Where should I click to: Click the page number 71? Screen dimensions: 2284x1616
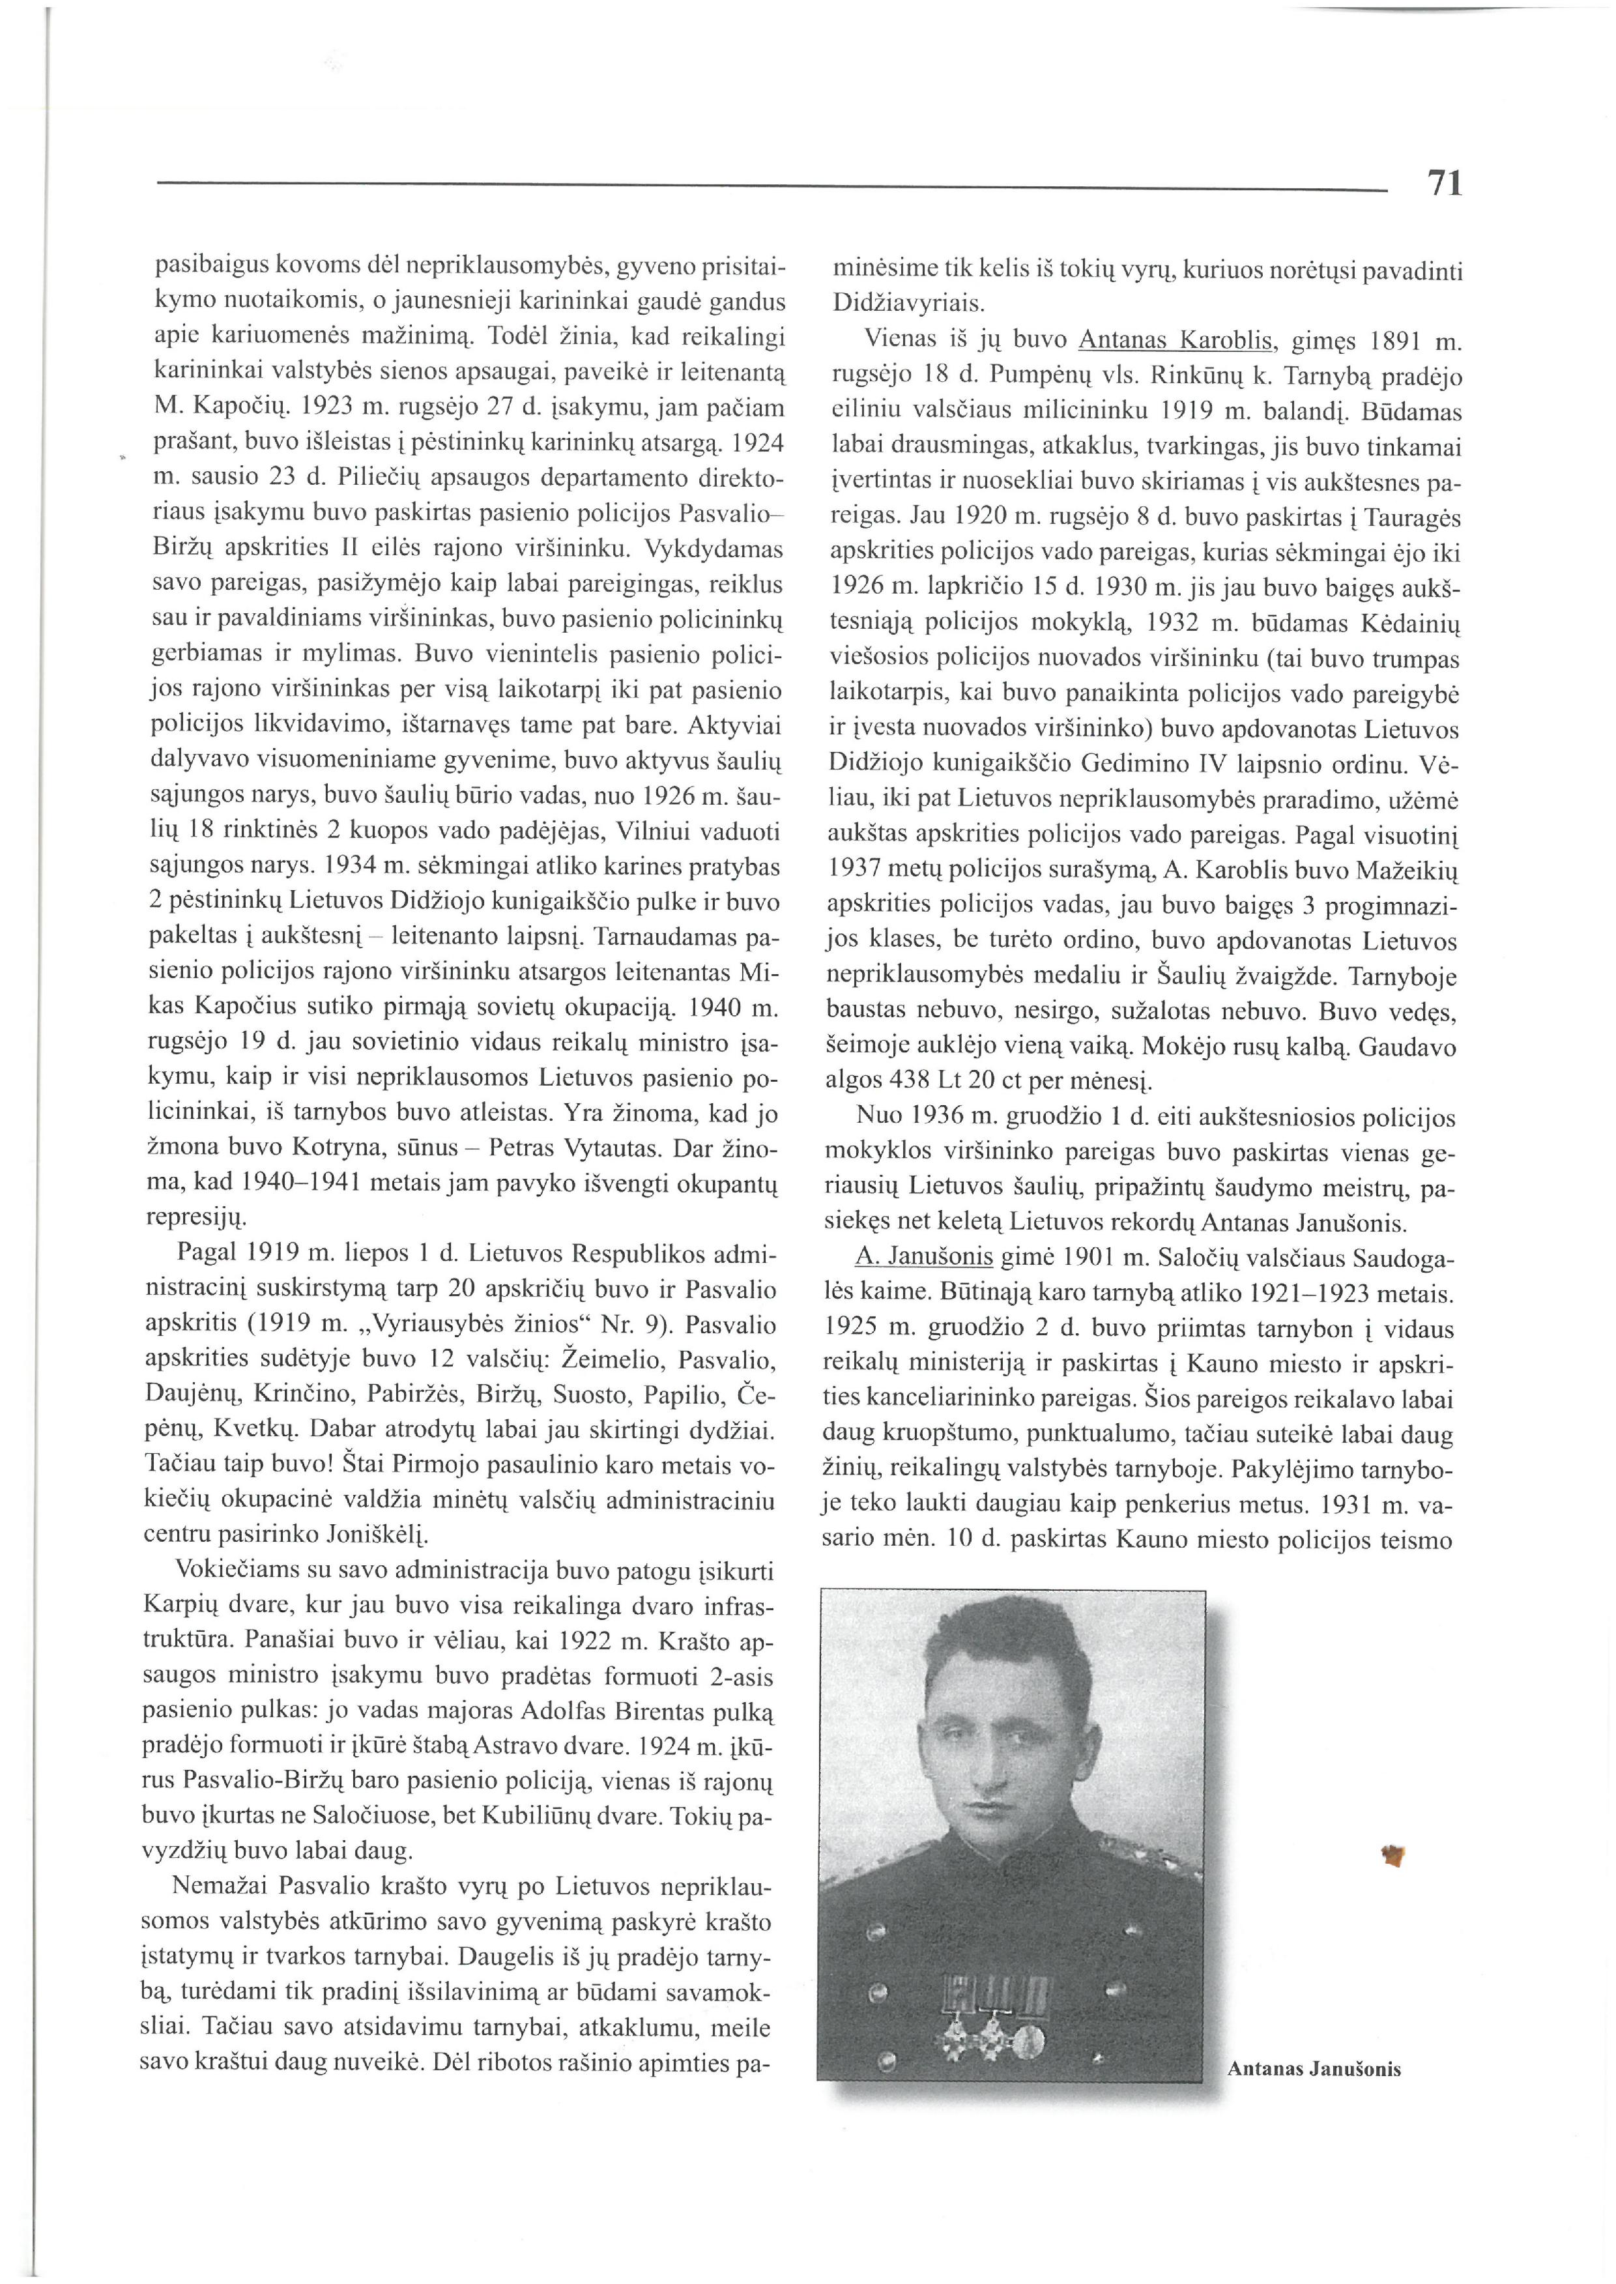tap(1444, 183)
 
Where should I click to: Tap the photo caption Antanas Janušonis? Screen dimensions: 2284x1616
tap(1314, 2069)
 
